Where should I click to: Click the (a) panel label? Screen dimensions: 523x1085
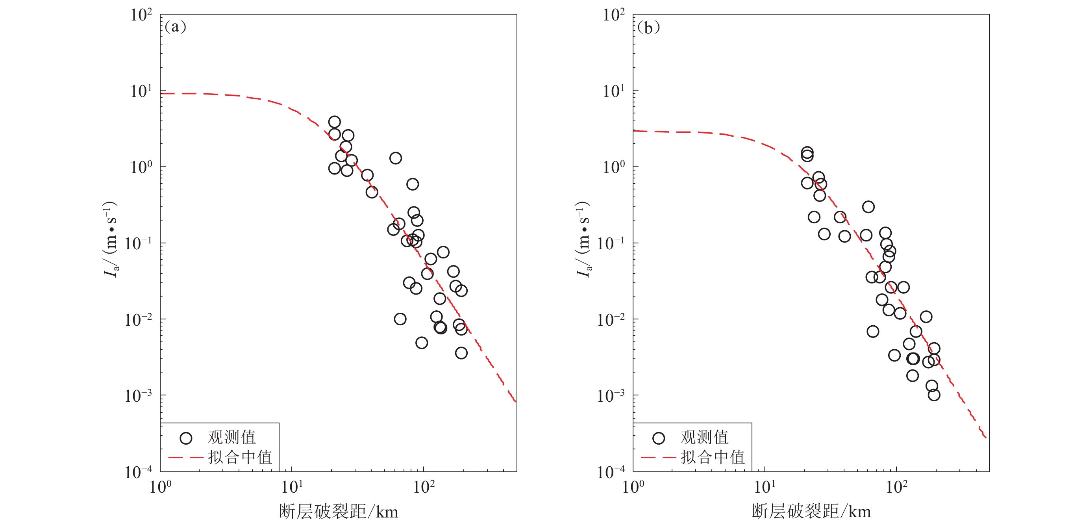[x=175, y=28]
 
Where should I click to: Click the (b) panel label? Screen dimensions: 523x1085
[x=648, y=28]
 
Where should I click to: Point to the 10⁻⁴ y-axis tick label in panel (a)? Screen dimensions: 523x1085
[x=139, y=472]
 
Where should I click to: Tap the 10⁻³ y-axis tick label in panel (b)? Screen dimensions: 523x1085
[x=611, y=396]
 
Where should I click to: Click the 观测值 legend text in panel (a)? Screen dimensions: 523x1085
[x=231, y=438]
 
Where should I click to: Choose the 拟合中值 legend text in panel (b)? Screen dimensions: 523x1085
[x=713, y=457]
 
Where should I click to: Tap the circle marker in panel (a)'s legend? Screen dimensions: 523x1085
[x=186, y=438]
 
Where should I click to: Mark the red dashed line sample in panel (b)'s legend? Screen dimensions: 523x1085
[x=658, y=457]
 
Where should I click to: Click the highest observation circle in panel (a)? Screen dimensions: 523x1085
[x=334, y=122]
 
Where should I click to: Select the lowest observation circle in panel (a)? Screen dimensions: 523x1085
[x=461, y=353]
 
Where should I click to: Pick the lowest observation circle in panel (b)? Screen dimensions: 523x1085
[x=934, y=395]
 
